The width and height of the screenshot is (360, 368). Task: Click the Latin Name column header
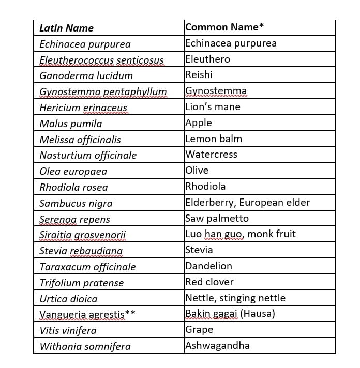66,28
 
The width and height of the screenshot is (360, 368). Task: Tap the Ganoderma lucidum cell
86,75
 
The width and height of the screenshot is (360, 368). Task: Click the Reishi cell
199,75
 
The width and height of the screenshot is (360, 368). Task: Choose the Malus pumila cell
70,124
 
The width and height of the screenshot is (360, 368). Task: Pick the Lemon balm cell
214,139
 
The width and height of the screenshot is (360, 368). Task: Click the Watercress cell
212,155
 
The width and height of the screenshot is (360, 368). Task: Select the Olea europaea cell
73,171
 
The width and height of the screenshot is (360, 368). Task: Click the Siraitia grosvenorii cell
82,235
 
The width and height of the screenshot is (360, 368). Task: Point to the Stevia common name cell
199,250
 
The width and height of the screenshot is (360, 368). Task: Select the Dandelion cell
209,266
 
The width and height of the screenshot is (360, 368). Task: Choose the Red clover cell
209,282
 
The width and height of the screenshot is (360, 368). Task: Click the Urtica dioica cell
68,299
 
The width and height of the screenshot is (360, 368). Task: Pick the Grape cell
199,330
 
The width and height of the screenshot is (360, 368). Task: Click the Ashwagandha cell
218,346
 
